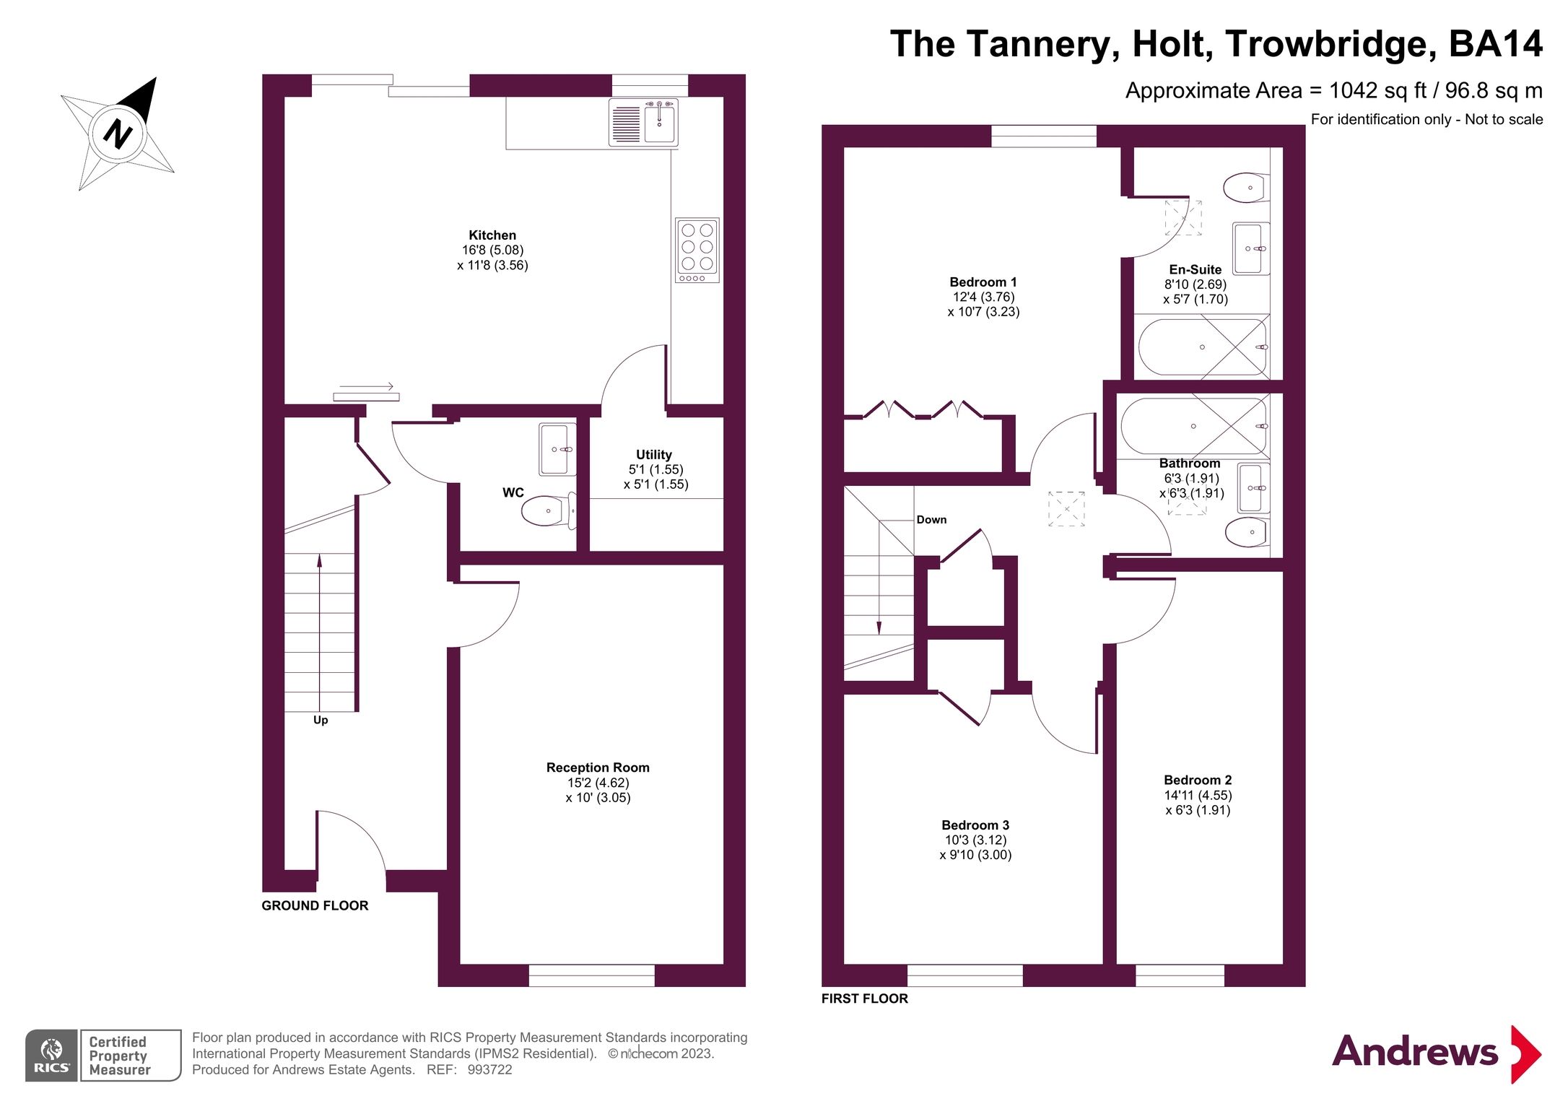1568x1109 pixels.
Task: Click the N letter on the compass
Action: coord(118,134)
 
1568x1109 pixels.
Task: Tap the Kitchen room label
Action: coord(492,235)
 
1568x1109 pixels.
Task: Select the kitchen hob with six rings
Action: coord(697,250)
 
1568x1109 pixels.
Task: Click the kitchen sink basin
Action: coord(659,123)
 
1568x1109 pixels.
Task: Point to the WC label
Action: coord(513,493)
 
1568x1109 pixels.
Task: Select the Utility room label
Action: coord(654,455)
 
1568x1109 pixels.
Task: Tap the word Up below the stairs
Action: coord(321,720)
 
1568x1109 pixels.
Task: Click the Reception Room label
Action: coord(598,767)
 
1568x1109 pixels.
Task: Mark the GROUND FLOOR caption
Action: coord(315,905)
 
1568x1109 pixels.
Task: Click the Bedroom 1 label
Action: coord(983,282)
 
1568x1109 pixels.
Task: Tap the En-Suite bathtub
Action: coord(1202,347)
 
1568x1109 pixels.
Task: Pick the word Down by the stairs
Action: coord(931,520)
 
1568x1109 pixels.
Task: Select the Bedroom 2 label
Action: coord(1198,780)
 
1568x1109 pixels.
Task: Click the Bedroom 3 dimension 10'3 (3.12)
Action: coord(975,840)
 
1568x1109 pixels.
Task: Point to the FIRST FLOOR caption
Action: coord(864,999)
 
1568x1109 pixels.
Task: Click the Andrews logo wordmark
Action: coord(1415,1052)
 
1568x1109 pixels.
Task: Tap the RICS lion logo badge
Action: coord(51,1055)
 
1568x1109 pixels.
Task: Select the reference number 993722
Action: coord(489,1070)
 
